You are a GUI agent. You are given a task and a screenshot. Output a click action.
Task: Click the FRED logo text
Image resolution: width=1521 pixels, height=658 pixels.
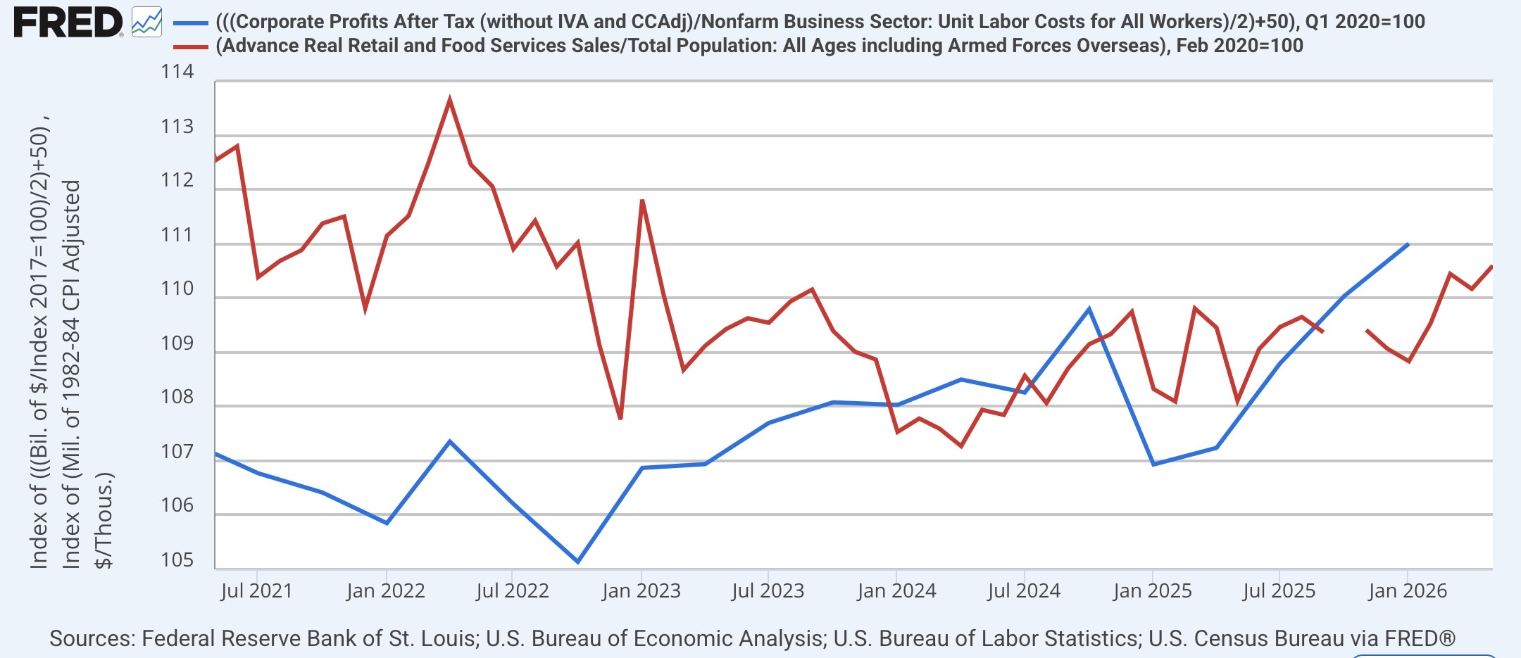(68, 23)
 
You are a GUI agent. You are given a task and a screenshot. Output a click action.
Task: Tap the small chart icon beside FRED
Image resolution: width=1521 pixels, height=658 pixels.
(146, 23)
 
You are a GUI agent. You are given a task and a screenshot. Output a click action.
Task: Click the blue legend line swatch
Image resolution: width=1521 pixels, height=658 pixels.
(190, 23)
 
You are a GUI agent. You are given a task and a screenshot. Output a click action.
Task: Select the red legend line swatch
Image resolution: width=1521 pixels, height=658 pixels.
(190, 47)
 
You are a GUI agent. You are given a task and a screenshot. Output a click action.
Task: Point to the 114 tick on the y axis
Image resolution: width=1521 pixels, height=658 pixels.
(177, 72)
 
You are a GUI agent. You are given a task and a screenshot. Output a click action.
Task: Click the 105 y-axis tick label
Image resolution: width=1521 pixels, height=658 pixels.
(177, 560)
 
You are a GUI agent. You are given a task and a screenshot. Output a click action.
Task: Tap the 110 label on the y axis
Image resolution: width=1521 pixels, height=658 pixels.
(177, 289)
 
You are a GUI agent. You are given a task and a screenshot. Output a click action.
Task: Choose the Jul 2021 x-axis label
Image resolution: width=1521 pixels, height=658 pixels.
(256, 590)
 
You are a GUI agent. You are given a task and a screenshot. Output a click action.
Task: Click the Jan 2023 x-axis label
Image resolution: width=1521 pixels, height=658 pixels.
(641, 590)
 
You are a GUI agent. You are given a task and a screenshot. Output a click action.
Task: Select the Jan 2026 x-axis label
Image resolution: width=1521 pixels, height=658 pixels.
(1407, 590)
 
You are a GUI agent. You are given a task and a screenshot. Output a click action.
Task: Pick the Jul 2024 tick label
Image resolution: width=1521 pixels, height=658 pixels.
(1024, 590)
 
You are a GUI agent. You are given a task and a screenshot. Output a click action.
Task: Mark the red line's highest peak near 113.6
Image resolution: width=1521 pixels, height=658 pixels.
(449, 99)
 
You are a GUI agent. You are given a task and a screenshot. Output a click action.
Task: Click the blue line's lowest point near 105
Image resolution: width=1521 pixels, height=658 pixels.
(578, 562)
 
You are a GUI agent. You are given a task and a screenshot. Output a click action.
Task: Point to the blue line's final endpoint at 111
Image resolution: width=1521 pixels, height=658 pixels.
(1408, 244)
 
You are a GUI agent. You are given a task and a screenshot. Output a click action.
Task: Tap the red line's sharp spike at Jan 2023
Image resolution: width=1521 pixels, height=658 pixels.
(642, 201)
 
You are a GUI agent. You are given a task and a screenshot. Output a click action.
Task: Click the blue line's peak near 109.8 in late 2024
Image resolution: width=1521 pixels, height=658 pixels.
(1089, 309)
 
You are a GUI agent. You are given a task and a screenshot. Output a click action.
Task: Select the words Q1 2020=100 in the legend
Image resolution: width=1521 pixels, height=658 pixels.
(1365, 22)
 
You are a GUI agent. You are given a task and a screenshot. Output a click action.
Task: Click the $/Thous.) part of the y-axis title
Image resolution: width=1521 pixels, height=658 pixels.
(103, 520)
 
